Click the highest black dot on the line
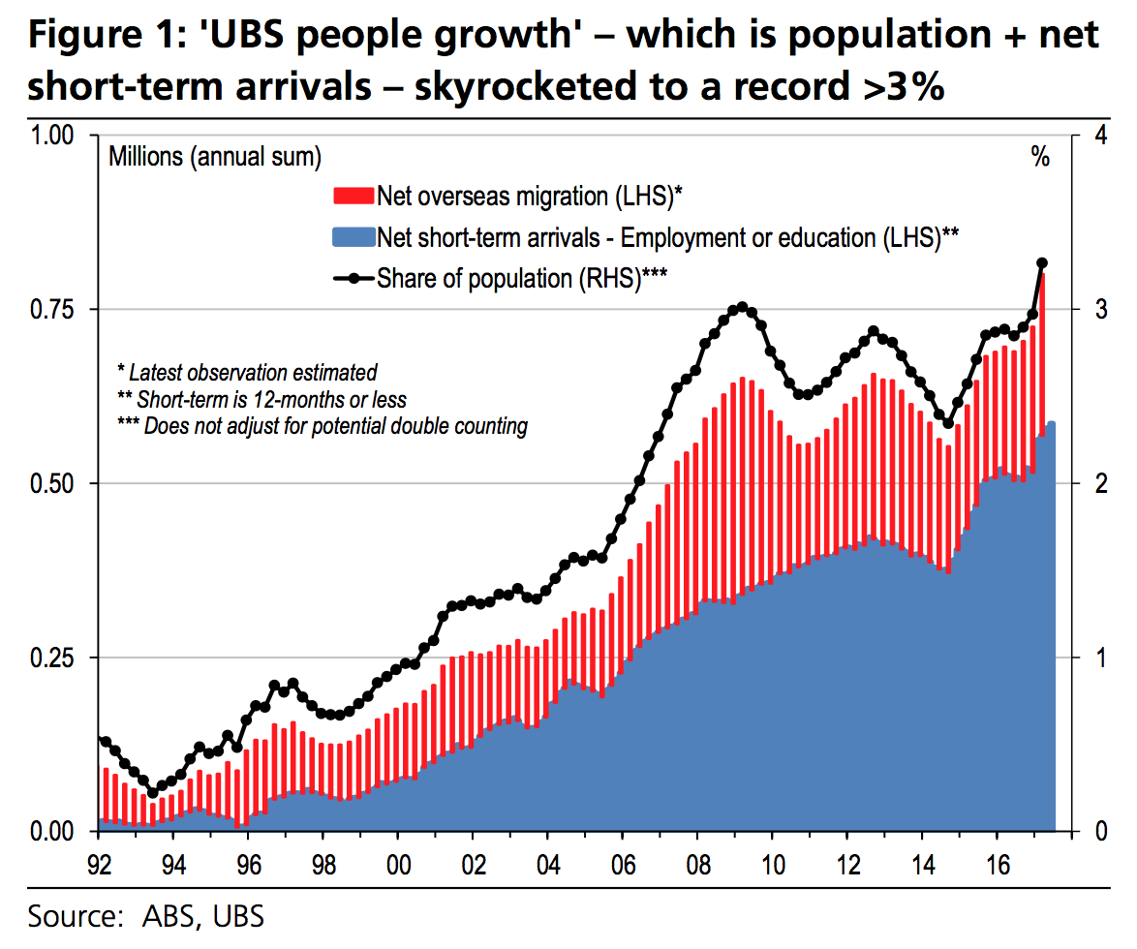coord(1042,262)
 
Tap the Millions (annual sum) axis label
coord(214,157)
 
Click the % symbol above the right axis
coord(1040,158)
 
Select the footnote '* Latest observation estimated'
coord(246,371)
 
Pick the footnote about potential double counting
coord(322,425)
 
